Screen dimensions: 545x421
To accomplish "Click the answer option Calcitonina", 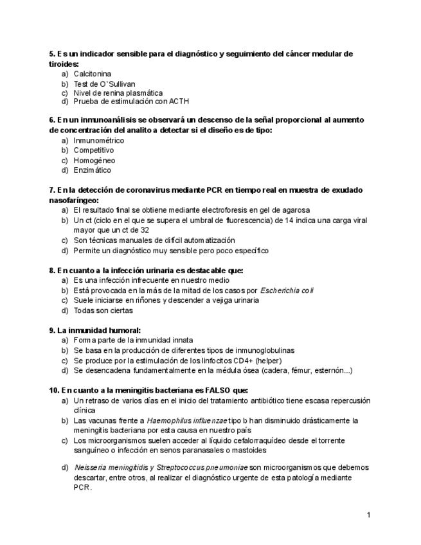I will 92,74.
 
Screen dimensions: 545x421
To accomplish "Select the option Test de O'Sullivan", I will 104,84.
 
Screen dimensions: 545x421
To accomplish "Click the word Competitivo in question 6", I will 94,150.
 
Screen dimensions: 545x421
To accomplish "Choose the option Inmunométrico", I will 99,140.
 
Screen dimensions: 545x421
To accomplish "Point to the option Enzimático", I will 92,170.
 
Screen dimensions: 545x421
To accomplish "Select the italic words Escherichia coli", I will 287,290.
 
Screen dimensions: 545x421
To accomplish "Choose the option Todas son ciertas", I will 104,310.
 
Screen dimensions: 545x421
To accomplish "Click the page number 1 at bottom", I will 369,515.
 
